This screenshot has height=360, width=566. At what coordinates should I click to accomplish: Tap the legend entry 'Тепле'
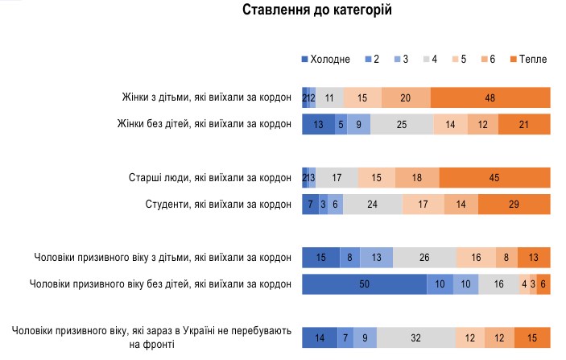click(528, 59)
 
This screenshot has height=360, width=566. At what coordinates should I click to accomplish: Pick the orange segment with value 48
click(490, 97)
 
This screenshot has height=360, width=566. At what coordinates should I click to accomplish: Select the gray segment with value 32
click(415, 337)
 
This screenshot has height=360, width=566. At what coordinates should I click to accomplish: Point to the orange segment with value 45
click(494, 177)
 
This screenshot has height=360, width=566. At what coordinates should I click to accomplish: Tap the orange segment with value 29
click(514, 205)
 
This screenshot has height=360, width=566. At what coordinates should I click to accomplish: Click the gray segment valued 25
click(402, 125)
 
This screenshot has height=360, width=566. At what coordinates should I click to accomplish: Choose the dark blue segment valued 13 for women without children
click(318, 125)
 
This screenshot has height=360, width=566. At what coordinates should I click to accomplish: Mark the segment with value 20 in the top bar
click(406, 97)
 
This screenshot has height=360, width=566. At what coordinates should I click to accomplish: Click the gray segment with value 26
click(423, 258)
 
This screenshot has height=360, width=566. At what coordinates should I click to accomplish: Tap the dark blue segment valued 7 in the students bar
click(310, 205)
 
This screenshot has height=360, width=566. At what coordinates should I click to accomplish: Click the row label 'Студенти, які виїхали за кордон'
click(210, 205)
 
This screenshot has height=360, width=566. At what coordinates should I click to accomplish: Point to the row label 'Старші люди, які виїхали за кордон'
click(210, 177)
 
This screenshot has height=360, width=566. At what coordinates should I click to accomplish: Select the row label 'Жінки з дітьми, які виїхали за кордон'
click(204, 97)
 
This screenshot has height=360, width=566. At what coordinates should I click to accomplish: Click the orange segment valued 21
click(524, 125)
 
